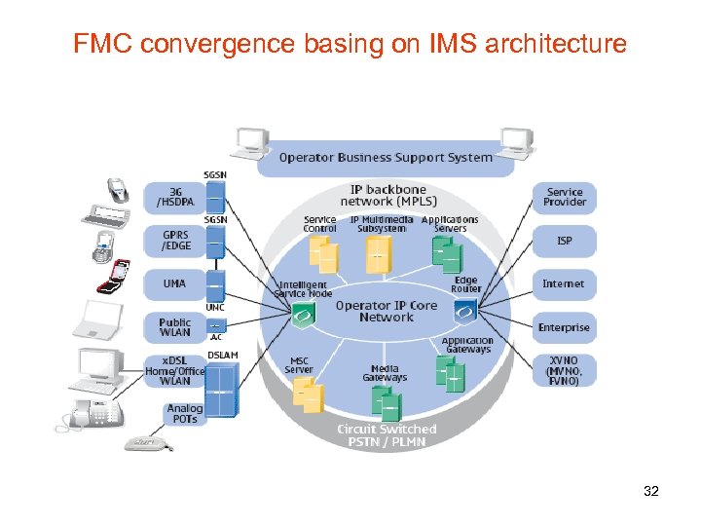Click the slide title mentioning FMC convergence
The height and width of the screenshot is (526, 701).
point(350,44)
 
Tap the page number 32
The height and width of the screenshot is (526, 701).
point(651,491)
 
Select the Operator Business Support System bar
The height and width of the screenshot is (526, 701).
point(386,158)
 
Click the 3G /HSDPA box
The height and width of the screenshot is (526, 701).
point(175,197)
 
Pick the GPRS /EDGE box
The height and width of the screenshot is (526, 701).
point(175,241)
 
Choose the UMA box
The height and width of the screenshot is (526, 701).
point(175,283)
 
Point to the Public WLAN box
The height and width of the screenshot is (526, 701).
point(175,327)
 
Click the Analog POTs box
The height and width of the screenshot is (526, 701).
point(184,414)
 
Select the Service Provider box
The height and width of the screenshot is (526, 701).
point(564,197)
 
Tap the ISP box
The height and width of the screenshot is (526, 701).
point(564,241)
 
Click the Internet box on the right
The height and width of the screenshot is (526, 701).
point(564,283)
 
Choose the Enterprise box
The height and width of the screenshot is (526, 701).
point(564,327)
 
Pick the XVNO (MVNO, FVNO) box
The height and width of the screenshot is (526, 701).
point(564,371)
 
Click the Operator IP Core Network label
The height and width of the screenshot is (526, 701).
point(386,311)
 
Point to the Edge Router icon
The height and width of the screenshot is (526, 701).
point(465,311)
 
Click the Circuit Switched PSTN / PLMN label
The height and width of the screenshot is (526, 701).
point(386,435)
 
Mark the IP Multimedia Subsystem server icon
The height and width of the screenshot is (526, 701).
point(379,255)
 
